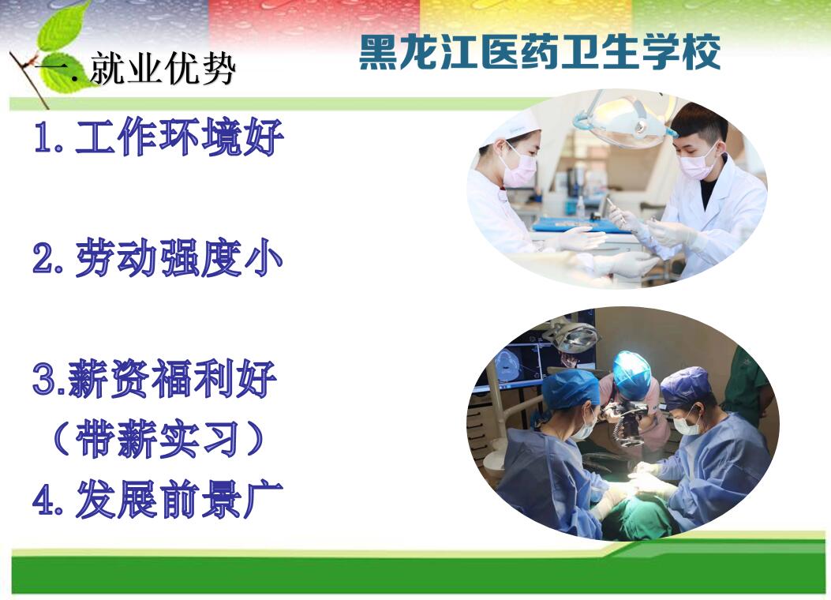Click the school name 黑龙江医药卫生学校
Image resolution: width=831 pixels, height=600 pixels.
540,52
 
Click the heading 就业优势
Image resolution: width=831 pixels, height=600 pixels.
163,69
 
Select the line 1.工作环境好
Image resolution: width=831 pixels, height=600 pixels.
159,137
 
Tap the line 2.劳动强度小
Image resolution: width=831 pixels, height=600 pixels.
157,258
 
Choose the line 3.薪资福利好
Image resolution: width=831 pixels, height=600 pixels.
155,378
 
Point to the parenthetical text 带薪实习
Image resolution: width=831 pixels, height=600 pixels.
157,439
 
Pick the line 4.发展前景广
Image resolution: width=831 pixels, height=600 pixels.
157,499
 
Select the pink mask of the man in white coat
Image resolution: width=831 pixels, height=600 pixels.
696,162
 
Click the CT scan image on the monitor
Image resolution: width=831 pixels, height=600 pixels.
507,364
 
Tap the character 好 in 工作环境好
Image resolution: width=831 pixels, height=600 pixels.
264,137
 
